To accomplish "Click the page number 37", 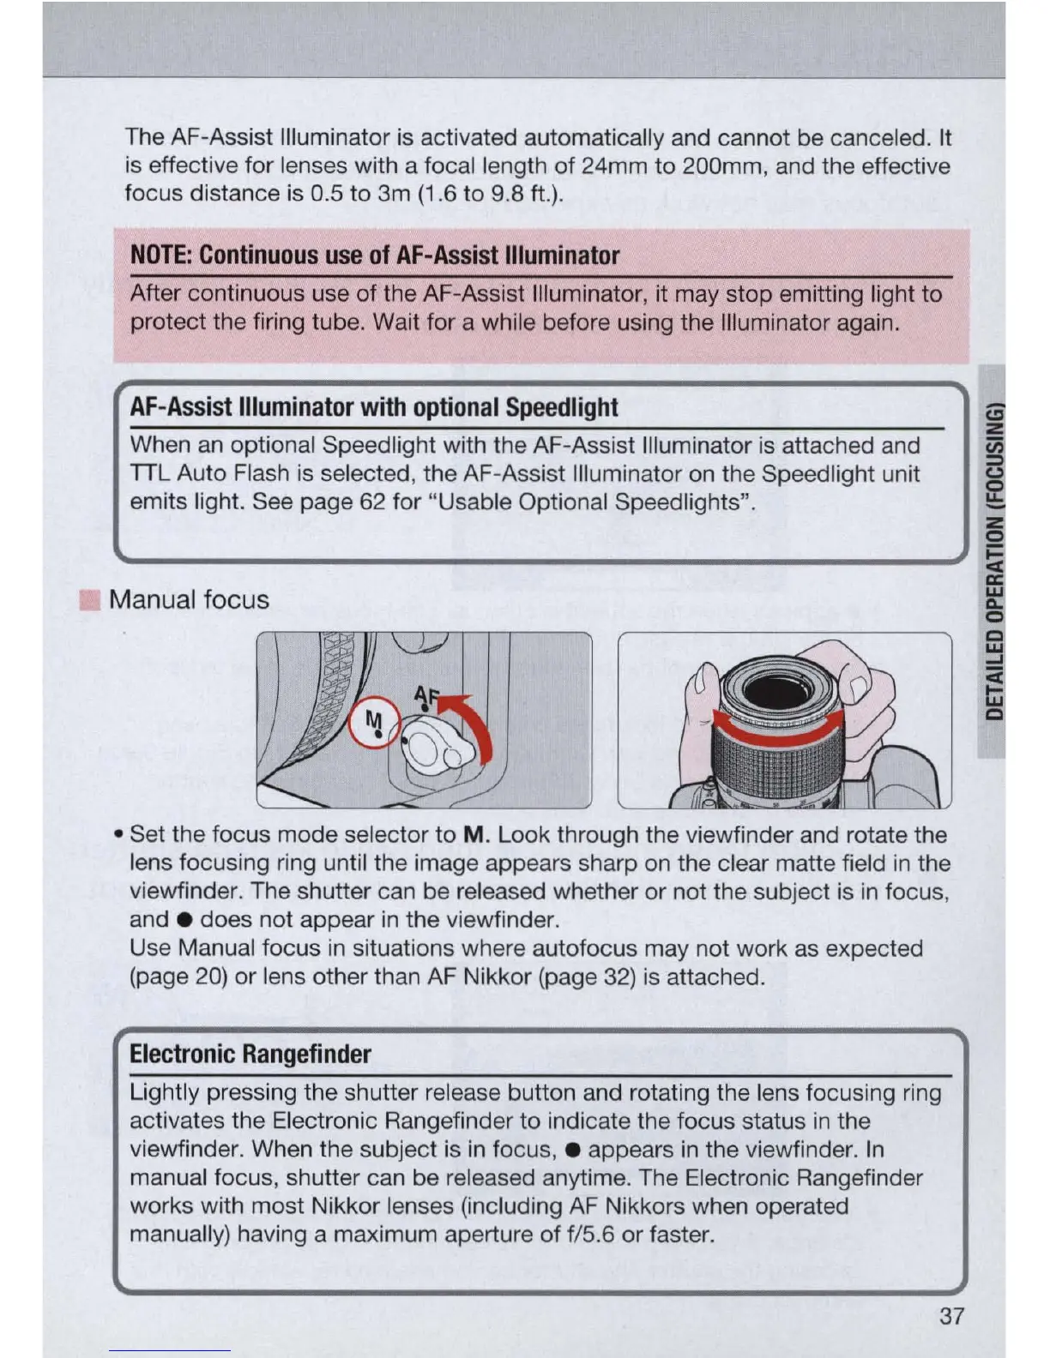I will point(951,1316).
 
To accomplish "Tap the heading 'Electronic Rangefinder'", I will point(250,1054).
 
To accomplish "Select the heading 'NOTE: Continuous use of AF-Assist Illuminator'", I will point(375,255).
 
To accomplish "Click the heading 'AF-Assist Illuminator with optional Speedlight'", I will point(374,407).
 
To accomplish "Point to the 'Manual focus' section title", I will point(189,599).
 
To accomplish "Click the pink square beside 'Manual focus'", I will point(89,599).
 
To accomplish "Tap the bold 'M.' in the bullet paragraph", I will point(476,835).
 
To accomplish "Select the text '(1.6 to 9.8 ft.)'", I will point(491,194).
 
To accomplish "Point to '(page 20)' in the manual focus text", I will point(178,976).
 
